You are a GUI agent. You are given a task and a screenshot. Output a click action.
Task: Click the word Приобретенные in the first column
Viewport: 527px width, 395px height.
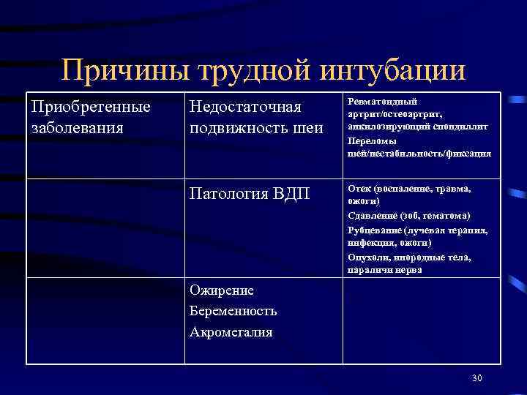click(x=91, y=107)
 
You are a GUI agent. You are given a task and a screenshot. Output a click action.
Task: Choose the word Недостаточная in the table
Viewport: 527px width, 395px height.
click(x=245, y=108)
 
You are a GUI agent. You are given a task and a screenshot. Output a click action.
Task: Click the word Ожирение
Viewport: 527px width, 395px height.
click(x=221, y=290)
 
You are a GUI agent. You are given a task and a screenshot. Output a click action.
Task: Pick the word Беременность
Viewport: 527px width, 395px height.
click(x=233, y=311)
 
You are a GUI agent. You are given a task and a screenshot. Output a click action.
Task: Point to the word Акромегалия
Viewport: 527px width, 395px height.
click(x=231, y=332)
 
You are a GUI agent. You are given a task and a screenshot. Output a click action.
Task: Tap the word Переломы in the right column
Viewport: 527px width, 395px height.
click(x=370, y=140)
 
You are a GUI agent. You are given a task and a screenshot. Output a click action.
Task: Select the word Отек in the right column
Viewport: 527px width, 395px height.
click(x=359, y=188)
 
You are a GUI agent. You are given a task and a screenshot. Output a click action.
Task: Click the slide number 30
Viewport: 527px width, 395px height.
click(x=477, y=377)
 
